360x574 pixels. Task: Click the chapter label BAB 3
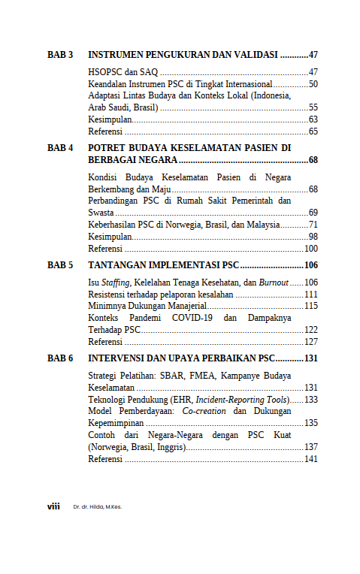[60, 55]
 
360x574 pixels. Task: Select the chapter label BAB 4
[60, 148]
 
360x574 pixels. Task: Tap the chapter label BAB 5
[60, 265]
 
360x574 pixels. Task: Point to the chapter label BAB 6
[60, 358]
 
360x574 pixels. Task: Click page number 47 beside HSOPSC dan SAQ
[313, 72]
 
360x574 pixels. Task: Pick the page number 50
[313, 84]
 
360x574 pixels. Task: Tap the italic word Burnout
[272, 282]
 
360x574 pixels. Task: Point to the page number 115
[311, 306]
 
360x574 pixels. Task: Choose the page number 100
[311, 249]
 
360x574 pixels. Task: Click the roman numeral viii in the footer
[53, 506]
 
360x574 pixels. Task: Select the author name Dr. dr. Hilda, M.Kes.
[97, 507]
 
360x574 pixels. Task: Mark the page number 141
[311, 459]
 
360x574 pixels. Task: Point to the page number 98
[313, 237]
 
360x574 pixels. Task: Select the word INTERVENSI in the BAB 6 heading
[120, 358]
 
